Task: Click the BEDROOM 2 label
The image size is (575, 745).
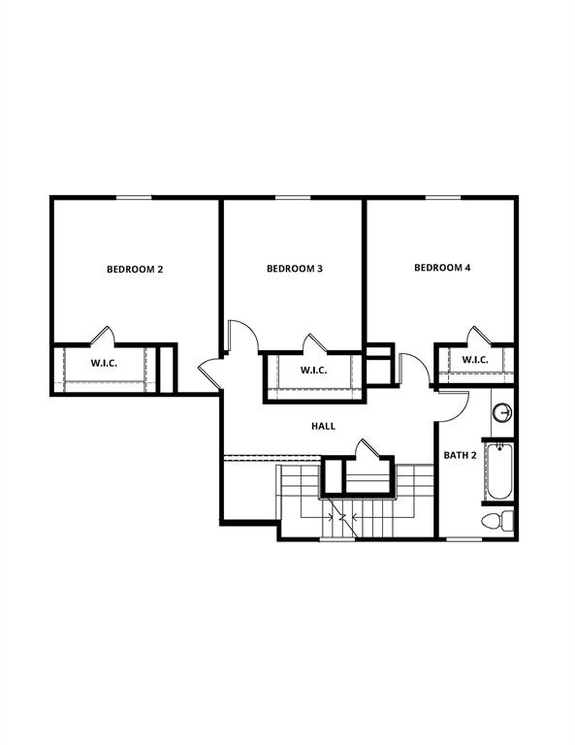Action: [134, 269]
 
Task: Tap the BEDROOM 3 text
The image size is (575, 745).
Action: [294, 269]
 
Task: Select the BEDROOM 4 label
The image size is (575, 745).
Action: [441, 268]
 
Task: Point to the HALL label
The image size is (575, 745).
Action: [323, 426]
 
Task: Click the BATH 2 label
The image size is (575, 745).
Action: [460, 455]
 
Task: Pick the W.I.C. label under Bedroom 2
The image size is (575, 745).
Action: [104, 365]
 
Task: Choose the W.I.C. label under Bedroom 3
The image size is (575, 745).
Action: [313, 371]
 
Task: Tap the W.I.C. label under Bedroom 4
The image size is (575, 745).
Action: [474, 361]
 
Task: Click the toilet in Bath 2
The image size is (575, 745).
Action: [500, 520]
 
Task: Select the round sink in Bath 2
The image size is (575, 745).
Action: [502, 413]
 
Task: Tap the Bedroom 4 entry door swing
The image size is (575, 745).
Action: [411, 368]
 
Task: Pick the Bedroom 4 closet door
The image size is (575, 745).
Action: [475, 335]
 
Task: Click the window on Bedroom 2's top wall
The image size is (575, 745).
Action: [134, 198]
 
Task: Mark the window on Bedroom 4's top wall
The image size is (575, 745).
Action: [442, 198]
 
